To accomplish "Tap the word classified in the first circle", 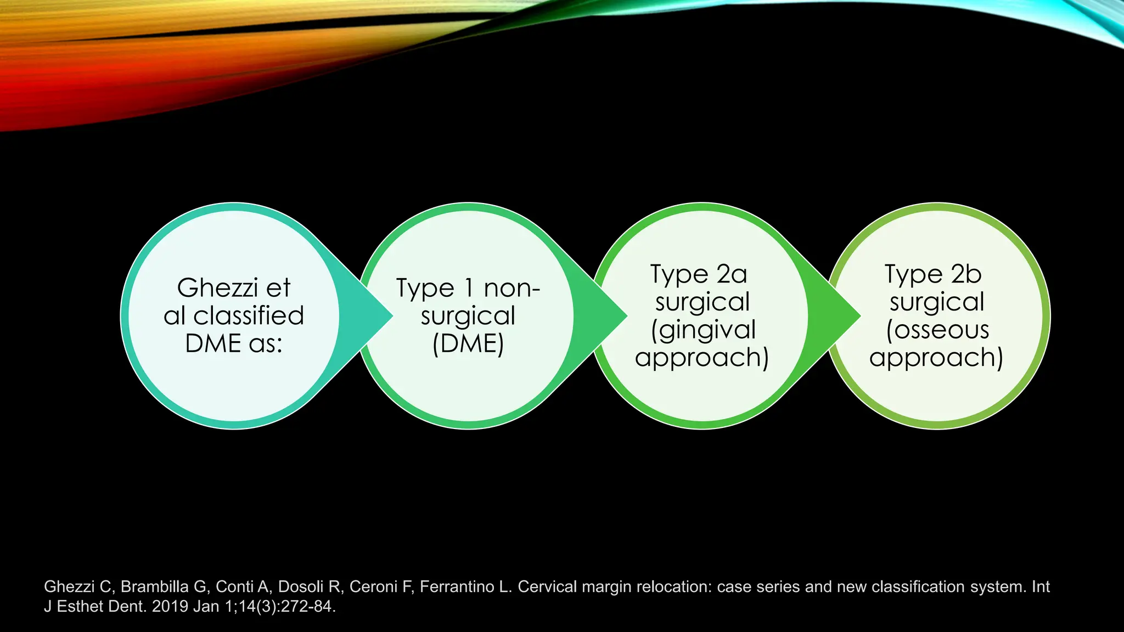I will click(249, 316).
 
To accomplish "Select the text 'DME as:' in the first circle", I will click(234, 344).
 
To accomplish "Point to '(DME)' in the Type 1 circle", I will click(468, 344).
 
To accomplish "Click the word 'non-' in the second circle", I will click(512, 288).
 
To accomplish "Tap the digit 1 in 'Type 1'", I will click(468, 288).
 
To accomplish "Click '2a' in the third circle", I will click(732, 274).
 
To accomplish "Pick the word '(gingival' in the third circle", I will click(703, 330).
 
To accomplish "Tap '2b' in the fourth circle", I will click(966, 274).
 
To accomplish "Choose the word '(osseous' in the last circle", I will click(937, 330).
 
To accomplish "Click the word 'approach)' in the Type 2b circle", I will click(936, 358).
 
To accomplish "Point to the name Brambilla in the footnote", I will click(154, 587).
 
